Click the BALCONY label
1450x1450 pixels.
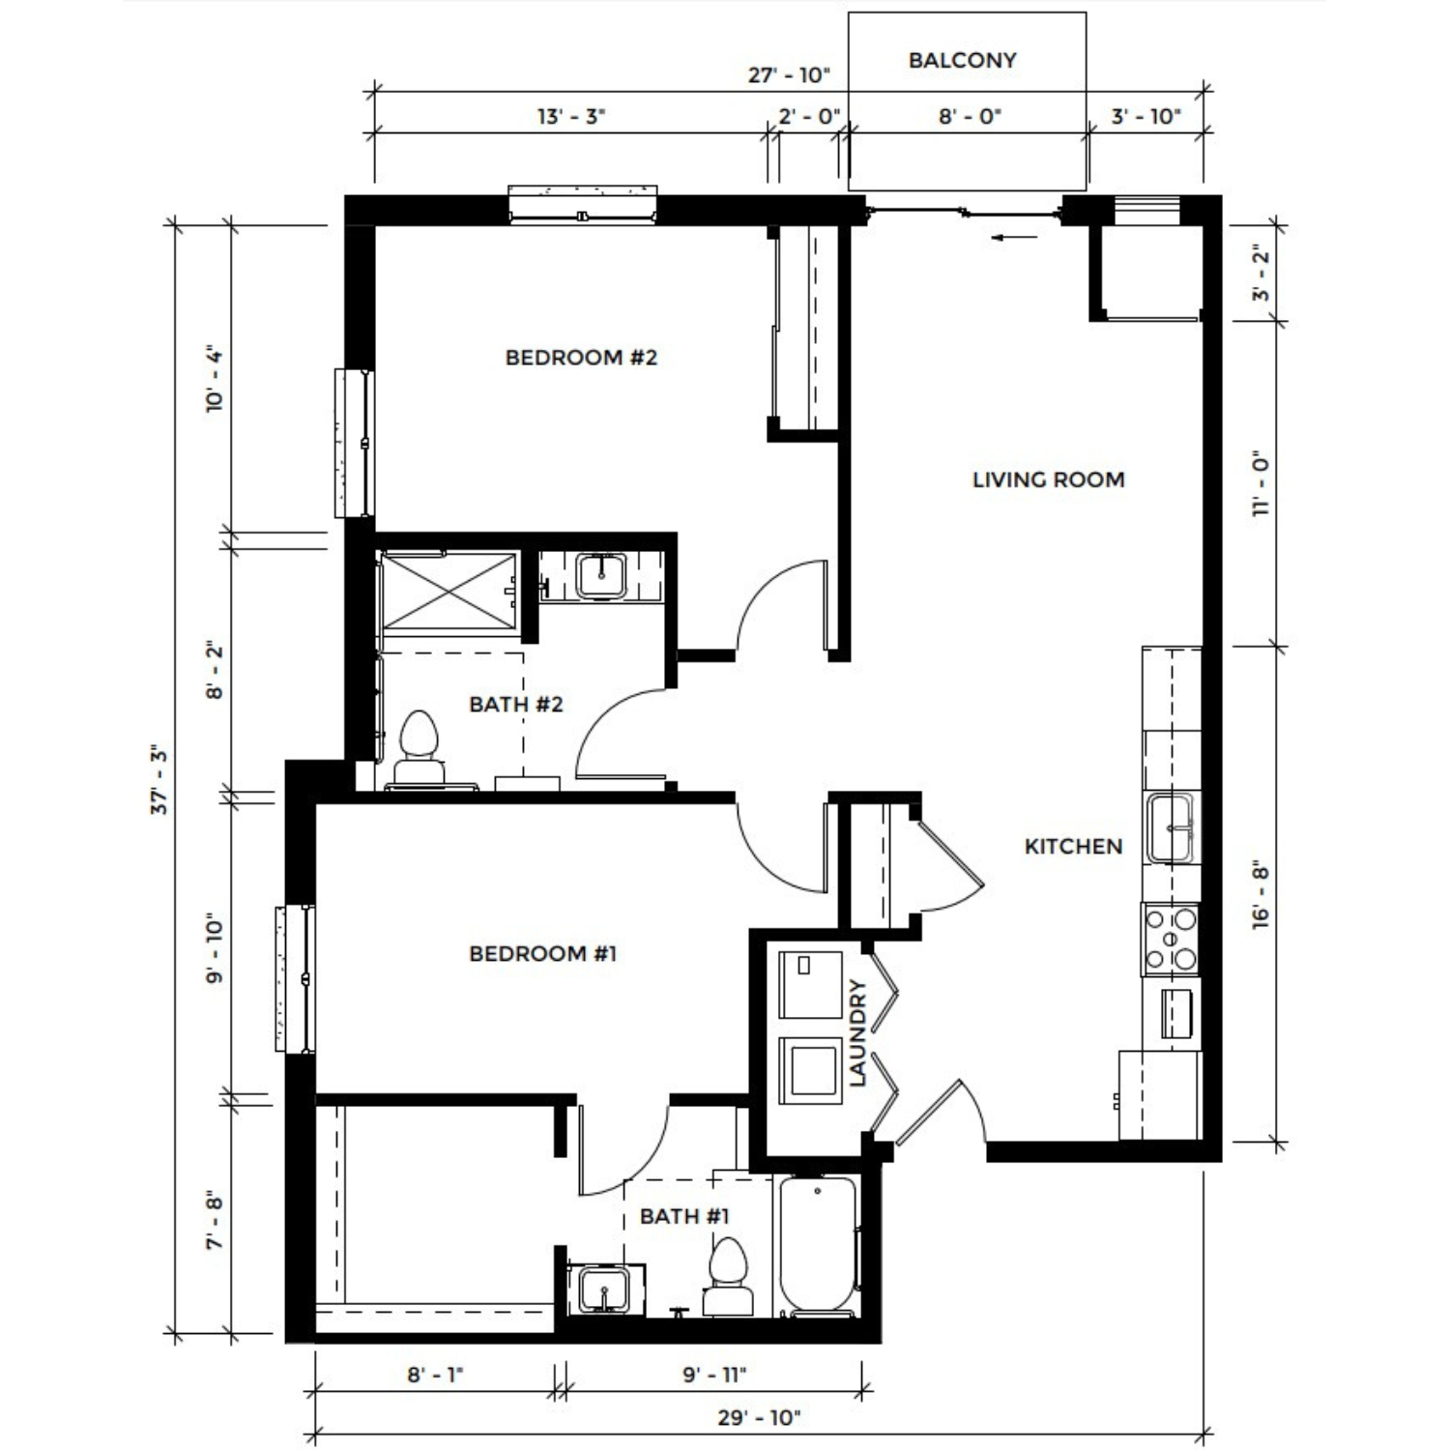pyautogui.click(x=962, y=60)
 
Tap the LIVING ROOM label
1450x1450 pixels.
pyautogui.click(x=1048, y=479)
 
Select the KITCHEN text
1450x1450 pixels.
pyautogui.click(x=1073, y=847)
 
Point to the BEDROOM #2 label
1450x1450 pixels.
pyautogui.click(x=581, y=358)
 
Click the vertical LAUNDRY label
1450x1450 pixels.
pyautogui.click(x=857, y=1033)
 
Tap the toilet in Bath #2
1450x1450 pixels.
pyautogui.click(x=419, y=749)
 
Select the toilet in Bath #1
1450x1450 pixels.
pyautogui.click(x=728, y=1276)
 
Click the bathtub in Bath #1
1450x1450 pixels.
pyautogui.click(x=818, y=1246)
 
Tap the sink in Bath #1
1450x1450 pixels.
pyautogui.click(x=603, y=1290)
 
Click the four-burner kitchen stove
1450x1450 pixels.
pyautogui.click(x=1171, y=939)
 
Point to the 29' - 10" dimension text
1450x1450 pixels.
pyautogui.click(x=760, y=1418)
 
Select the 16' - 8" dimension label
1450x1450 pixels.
pyautogui.click(x=1261, y=895)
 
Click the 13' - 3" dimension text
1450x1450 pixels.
pyautogui.click(x=571, y=117)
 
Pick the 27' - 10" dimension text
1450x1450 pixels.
pyautogui.click(x=790, y=75)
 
